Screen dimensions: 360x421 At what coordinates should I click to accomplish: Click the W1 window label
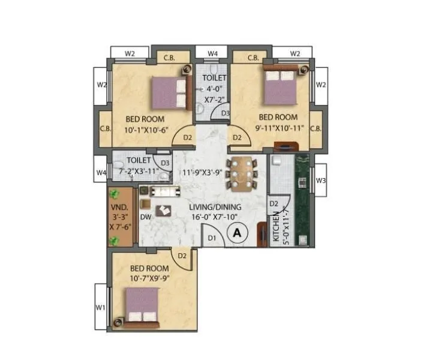click(x=101, y=308)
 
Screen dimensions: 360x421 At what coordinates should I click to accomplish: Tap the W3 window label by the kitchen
click(x=321, y=181)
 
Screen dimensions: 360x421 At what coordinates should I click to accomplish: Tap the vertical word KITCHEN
click(x=276, y=227)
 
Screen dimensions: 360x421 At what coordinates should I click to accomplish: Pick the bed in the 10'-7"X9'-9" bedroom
click(x=142, y=305)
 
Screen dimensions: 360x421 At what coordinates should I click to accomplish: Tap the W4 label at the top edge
click(x=213, y=53)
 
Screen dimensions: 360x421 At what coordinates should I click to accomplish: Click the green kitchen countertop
click(x=303, y=198)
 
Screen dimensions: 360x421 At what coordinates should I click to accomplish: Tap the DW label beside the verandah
click(x=145, y=217)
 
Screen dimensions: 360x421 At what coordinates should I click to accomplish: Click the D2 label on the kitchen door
click(x=273, y=204)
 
